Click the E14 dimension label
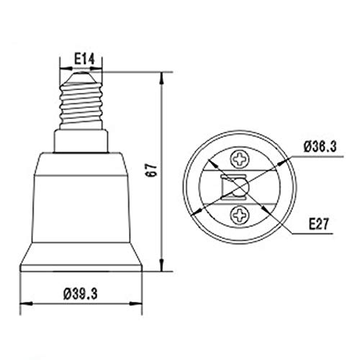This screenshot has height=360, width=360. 84,59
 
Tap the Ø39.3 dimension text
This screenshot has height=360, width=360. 81,294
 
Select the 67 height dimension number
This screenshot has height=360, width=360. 152,170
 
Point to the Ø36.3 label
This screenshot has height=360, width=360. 320,147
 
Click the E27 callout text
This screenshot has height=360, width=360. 318,225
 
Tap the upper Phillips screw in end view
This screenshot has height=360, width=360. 240,159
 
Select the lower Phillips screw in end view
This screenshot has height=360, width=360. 240,215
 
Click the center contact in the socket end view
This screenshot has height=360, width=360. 240,186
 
